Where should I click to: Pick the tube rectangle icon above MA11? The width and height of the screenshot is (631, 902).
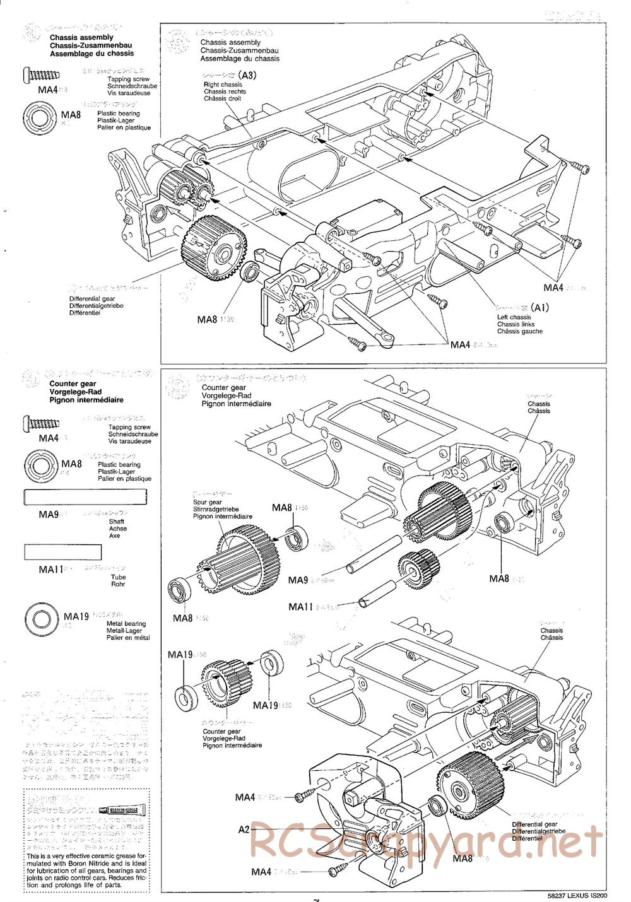62,552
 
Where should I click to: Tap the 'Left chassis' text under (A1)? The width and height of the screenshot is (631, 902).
514,317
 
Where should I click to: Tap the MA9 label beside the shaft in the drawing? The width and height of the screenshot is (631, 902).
297,580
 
